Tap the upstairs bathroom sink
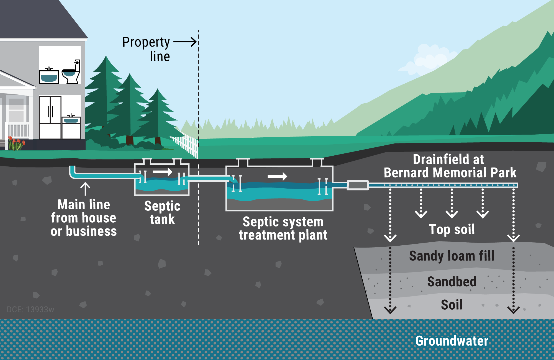tap(49, 76)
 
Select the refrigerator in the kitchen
tap(50, 117)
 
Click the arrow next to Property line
tap(185, 42)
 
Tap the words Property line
tap(146, 49)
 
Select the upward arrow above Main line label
tap(85, 189)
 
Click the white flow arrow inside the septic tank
tap(163, 172)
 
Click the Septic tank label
tap(162, 213)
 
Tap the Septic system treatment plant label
tap(283, 228)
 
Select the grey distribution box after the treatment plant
tap(358, 185)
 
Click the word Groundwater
tap(452, 341)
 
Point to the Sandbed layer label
tap(452, 282)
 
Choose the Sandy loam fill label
tap(452, 256)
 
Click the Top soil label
tap(452, 230)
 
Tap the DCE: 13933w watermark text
tap(30, 309)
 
